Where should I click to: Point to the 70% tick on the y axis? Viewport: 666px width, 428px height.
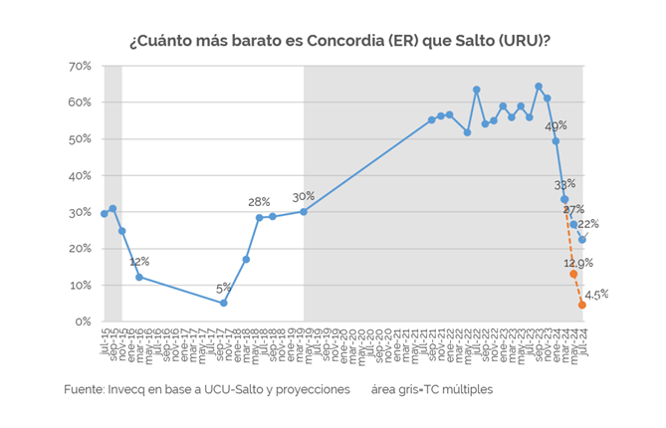click(81, 66)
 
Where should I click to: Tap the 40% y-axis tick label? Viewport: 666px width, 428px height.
click(81, 175)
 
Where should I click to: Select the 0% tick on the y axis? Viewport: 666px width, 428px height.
click(84, 321)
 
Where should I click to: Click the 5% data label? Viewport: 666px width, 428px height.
click(224, 290)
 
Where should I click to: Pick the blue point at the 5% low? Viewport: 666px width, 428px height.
click(224, 304)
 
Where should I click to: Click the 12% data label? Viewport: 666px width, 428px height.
click(139, 262)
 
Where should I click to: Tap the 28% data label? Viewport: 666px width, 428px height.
click(259, 202)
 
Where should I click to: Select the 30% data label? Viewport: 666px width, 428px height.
click(303, 196)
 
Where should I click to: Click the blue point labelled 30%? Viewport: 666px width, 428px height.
click(304, 211)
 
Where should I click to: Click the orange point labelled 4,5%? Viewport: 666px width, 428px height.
click(582, 305)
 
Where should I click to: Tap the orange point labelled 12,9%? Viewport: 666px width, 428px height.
click(573, 275)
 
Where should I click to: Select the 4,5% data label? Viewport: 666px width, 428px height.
click(596, 294)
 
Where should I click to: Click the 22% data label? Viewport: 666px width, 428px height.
click(588, 223)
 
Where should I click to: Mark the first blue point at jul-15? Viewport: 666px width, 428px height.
click(105, 213)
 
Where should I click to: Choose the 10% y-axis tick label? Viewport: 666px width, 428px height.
click(81, 285)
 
